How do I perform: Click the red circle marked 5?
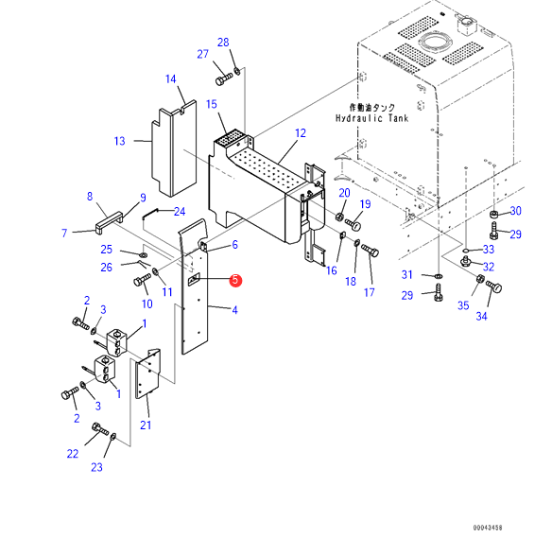(x=235, y=280)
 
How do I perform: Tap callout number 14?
(x=171, y=78)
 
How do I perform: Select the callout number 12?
(x=301, y=133)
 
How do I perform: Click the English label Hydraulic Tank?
(x=371, y=118)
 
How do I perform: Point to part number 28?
(x=223, y=43)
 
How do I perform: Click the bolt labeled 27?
(x=224, y=78)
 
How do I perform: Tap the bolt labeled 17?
(x=370, y=251)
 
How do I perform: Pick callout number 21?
(x=146, y=425)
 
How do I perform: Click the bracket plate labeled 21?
(x=147, y=373)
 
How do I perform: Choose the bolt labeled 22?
(x=100, y=429)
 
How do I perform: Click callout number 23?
(x=96, y=467)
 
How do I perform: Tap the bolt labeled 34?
(x=494, y=286)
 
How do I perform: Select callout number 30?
(x=515, y=211)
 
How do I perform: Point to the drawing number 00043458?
(x=488, y=528)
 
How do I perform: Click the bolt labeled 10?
(x=142, y=280)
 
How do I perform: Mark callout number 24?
(x=180, y=211)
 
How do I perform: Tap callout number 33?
(x=489, y=250)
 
